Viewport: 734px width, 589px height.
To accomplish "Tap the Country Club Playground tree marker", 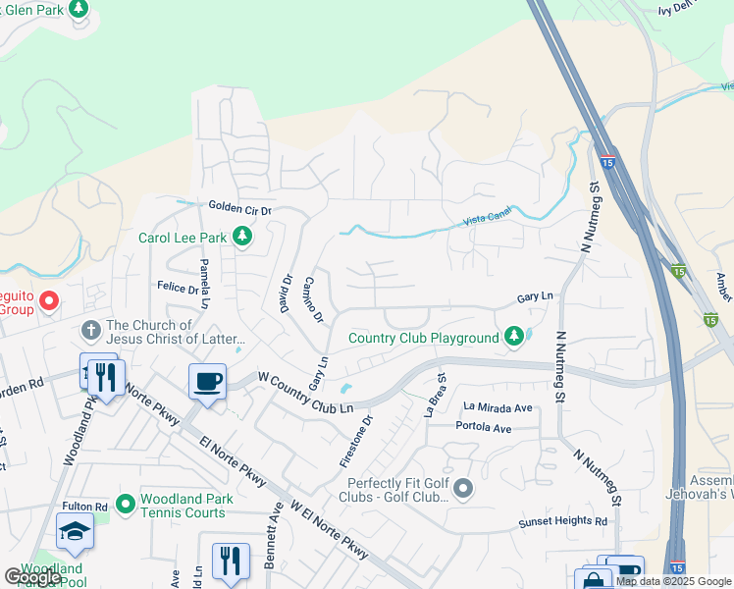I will (512, 338).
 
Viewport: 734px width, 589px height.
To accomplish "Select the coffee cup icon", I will (207, 381).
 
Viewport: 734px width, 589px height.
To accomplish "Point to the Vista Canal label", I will (488, 220).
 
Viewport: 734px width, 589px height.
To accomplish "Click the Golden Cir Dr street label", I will (238, 209).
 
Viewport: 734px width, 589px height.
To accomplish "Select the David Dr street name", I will (288, 293).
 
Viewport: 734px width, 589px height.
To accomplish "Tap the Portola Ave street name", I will (484, 428).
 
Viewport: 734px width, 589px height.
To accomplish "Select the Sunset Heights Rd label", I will (563, 521).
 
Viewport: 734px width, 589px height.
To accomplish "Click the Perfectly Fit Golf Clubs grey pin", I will (464, 488).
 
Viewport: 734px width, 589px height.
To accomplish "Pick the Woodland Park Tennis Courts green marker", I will (125, 505).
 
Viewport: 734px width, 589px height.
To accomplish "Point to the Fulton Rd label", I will (84, 507).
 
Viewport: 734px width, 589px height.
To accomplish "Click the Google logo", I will (32, 576).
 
